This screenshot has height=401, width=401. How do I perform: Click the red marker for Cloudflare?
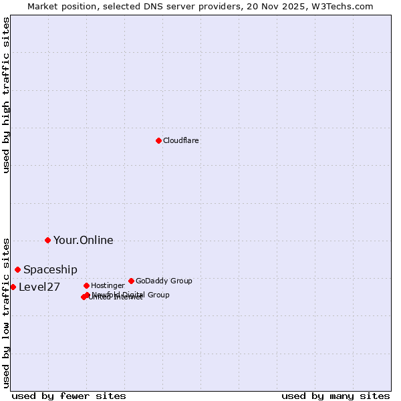(158, 140)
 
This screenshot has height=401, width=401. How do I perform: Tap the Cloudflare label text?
(181, 140)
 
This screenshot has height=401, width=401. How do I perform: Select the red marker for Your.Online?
(47, 240)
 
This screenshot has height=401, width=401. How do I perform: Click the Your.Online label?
(84, 241)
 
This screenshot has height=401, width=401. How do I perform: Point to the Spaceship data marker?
(17, 269)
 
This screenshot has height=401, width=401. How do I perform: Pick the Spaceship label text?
(50, 270)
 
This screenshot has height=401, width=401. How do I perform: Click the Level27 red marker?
(13, 287)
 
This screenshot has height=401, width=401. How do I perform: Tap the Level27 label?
(39, 287)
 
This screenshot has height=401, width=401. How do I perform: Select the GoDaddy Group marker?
(131, 281)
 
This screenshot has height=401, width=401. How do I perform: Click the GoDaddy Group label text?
(164, 281)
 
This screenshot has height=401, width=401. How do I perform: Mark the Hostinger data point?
(86, 285)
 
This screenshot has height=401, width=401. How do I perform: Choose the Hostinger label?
(108, 286)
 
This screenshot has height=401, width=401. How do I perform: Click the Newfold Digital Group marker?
(88, 295)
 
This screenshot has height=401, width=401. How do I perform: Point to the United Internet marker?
(84, 297)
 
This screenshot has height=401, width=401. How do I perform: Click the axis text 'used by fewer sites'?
(69, 396)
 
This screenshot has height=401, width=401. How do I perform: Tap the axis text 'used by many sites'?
(336, 396)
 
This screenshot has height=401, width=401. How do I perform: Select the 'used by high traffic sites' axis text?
(7, 95)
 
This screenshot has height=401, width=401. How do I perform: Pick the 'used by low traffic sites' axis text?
(7, 312)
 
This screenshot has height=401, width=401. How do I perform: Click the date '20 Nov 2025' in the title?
(283, 6)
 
